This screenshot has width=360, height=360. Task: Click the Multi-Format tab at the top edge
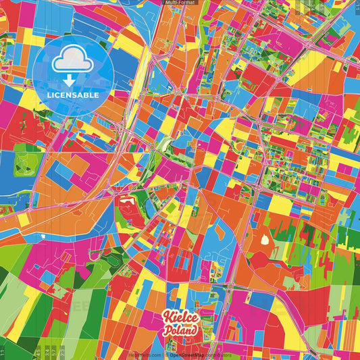click(180, 3)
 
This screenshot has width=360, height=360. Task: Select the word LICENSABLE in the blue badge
click(73, 95)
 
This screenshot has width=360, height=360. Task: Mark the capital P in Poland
click(167, 331)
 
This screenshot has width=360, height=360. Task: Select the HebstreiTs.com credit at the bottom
click(145, 354)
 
